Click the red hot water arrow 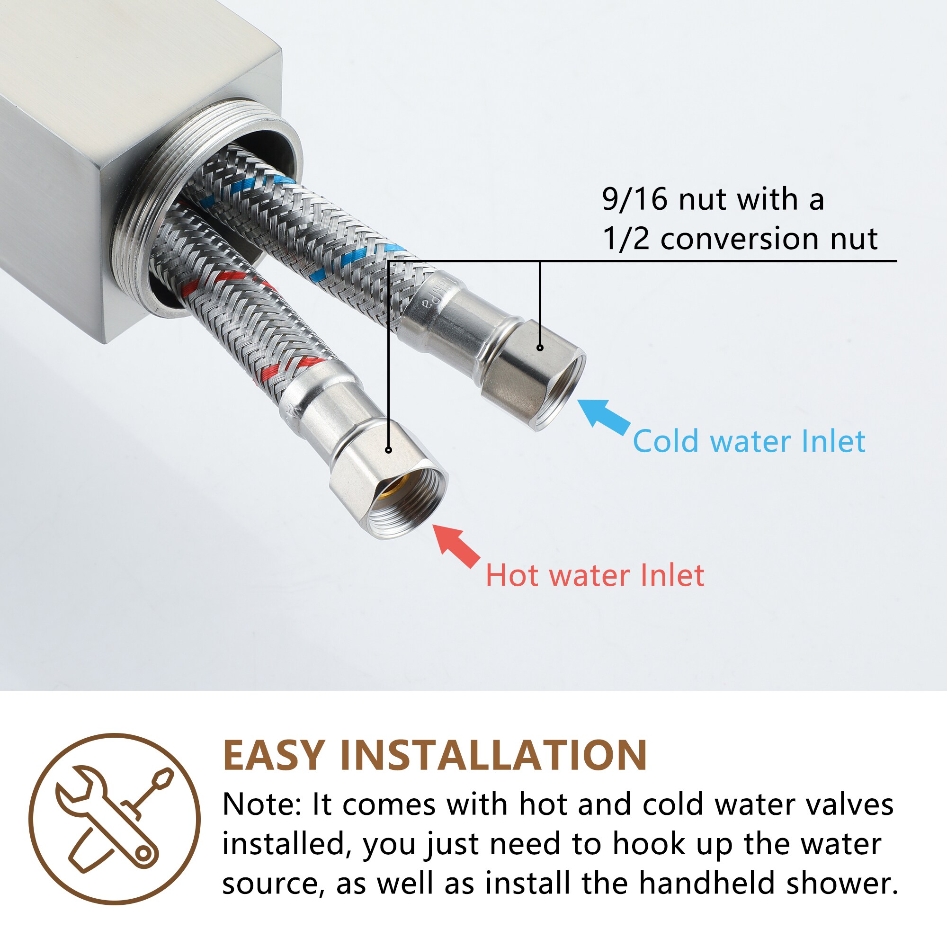[x=456, y=545]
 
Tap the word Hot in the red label [x=513, y=575]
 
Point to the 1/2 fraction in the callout [x=625, y=239]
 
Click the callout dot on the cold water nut [x=540, y=348]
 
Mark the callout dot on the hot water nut [x=388, y=450]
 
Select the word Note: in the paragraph [x=262, y=805]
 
